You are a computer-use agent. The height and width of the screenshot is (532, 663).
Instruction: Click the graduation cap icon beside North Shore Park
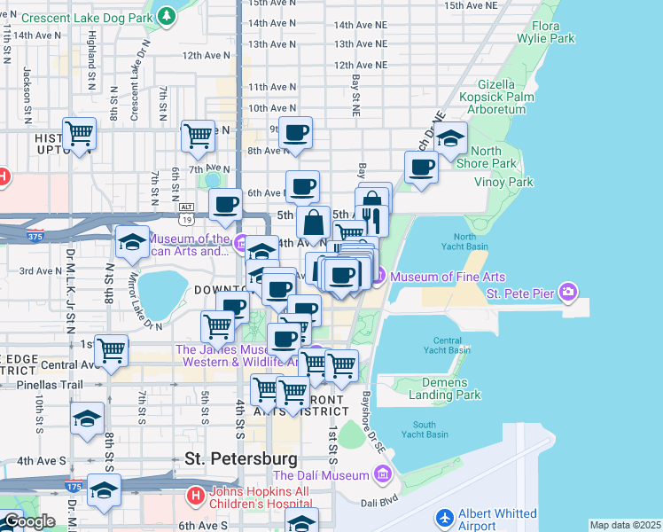451,138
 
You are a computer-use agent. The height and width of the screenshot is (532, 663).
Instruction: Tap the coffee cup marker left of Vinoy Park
422,167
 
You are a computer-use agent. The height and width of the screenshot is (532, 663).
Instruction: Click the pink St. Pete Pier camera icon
567,291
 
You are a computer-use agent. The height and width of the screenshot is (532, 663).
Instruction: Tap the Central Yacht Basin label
452,345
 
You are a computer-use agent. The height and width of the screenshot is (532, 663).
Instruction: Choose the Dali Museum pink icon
383,475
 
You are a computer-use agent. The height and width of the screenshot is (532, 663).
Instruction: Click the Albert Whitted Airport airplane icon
445,516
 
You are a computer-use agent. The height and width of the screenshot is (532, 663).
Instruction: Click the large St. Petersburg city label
241,459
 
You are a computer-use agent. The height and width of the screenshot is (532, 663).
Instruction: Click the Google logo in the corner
28,521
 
